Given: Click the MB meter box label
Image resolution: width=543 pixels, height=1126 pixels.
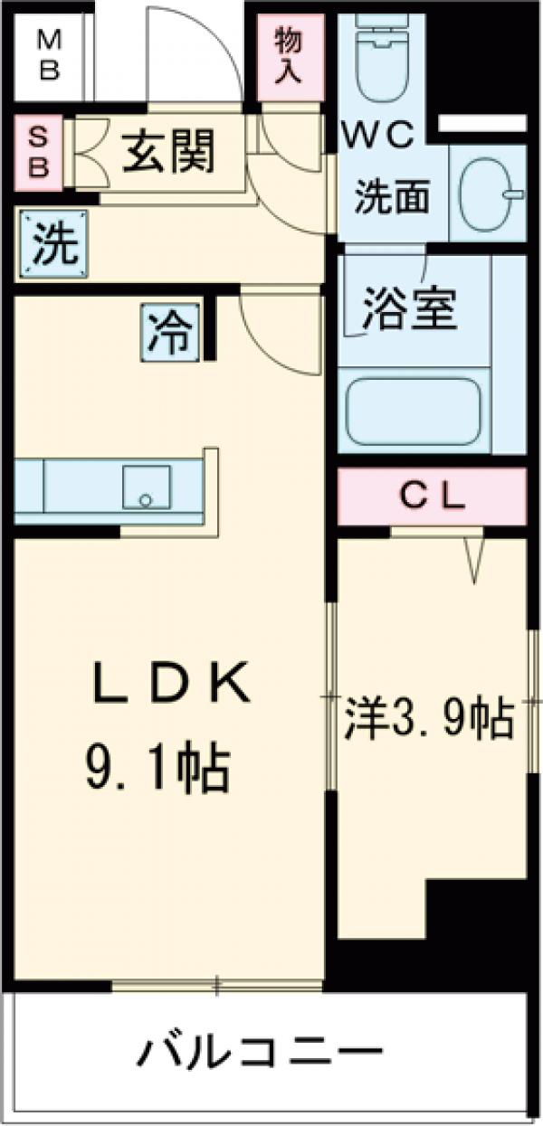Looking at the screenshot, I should tap(49, 55).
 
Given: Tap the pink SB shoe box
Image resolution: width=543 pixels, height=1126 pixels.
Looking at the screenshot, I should tap(38, 151).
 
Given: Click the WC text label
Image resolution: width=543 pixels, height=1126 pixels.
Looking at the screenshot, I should tap(377, 136).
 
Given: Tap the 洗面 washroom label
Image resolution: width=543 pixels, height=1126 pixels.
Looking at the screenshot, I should tap(391, 197).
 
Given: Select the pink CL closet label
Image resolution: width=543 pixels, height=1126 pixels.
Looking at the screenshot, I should tap(433, 496).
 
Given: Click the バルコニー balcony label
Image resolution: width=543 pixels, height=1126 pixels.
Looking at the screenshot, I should tap(261, 1052).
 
